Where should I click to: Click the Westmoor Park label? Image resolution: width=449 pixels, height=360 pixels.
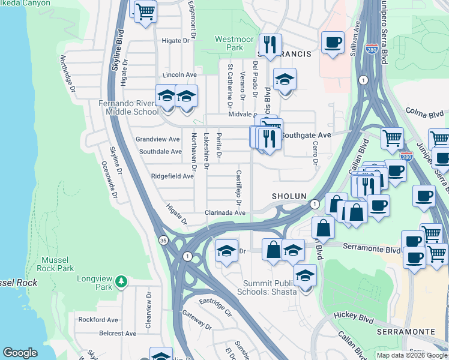tap(229, 43)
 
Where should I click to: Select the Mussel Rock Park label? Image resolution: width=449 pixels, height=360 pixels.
tap(58, 264)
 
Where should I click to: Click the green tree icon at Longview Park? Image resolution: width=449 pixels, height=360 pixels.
tap(122, 281)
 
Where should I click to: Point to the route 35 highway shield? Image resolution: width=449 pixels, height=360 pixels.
tap(163, 240)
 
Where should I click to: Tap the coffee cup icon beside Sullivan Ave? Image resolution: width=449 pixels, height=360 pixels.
tap(333, 43)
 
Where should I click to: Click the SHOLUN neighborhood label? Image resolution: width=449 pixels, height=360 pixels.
tap(289, 196)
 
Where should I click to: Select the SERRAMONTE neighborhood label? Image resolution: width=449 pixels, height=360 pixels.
tap(406, 331)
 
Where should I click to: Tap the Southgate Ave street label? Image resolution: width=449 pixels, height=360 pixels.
tap(306, 135)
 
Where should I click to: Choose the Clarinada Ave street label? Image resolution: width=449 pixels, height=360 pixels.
tap(225, 213)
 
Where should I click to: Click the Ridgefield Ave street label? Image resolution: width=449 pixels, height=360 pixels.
tap(172, 176)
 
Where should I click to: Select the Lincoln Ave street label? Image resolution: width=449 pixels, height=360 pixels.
tap(179, 75)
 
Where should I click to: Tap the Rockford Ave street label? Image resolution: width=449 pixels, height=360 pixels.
tap(98, 320)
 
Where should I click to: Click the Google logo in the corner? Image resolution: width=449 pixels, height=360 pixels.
tap(20, 353)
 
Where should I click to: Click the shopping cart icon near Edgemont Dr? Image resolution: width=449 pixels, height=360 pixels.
tap(145, 11)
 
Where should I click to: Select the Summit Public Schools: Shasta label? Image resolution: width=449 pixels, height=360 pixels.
tap(270, 287)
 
